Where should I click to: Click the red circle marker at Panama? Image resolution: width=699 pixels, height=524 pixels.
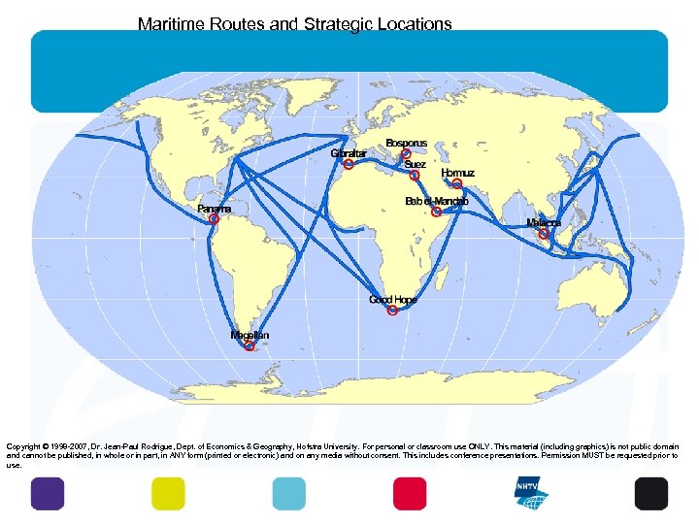coord(215,220)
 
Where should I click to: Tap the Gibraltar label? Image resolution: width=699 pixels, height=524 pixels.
coord(349,153)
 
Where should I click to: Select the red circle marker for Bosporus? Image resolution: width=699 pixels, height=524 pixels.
coord(406,155)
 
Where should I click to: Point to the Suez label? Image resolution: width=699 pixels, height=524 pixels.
coord(416,165)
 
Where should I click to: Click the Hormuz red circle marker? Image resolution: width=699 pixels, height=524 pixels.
coord(457,183)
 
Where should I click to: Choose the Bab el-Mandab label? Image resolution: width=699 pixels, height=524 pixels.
coord(437,201)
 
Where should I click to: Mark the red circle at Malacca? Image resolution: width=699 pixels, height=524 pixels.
coord(545,234)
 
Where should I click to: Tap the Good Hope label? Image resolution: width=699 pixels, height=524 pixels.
coord(393,300)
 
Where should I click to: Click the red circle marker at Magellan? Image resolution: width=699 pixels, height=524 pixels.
coord(250,345)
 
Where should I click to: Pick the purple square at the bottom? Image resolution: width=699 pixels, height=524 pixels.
coord(48,494)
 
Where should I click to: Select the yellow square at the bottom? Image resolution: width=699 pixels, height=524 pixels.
coord(168,494)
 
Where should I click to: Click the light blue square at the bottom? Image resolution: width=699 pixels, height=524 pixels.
coord(288,494)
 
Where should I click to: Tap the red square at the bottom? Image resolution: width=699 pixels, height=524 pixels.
coord(410,494)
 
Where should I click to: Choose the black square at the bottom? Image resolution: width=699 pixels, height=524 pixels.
coord(651,494)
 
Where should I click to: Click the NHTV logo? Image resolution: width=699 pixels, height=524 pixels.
coord(531,493)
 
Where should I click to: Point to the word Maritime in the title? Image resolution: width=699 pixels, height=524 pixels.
coord(172,23)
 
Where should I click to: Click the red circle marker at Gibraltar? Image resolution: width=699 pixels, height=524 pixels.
coord(348,164)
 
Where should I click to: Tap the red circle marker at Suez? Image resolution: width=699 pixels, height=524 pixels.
coord(415,176)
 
